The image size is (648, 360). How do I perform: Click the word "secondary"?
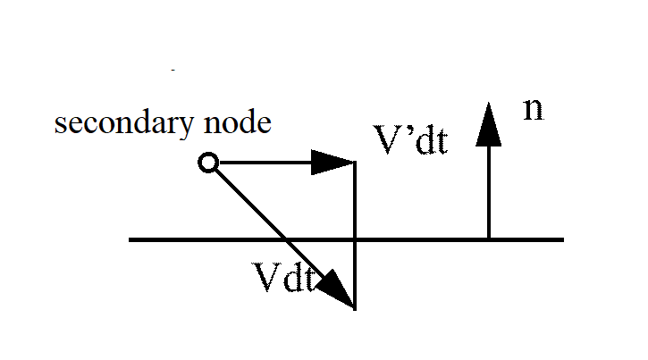click(x=119, y=123)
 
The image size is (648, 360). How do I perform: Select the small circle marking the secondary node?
click(x=207, y=163)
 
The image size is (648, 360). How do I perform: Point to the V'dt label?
click(x=410, y=140)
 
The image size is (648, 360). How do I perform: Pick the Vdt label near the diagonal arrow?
click(x=283, y=280)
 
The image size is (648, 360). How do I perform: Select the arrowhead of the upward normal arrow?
click(x=488, y=123)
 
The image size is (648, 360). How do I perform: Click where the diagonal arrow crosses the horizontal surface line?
click(x=285, y=239)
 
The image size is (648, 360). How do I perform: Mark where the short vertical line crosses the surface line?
click(x=356, y=239)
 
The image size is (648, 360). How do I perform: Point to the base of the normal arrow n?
click(x=488, y=239)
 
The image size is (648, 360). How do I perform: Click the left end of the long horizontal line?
click(x=130, y=239)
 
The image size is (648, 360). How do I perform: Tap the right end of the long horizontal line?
click(x=562, y=239)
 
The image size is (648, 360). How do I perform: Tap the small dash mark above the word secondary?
click(x=173, y=69)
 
